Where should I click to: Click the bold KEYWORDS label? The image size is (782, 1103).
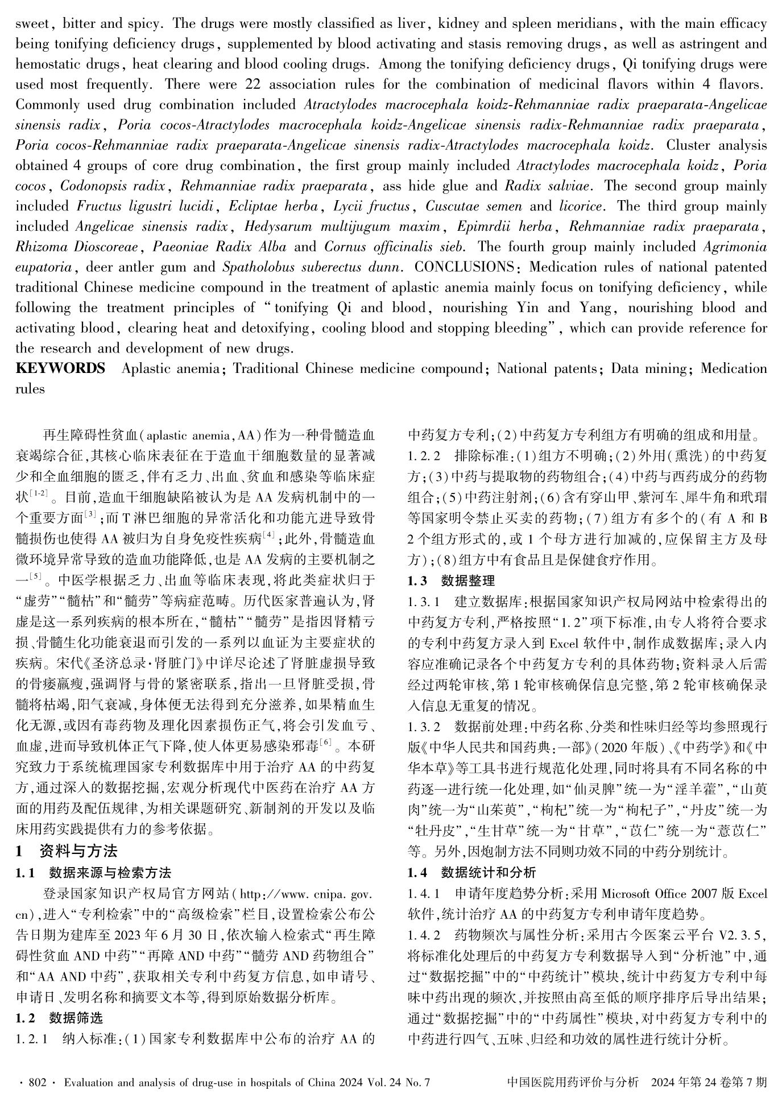(60, 368)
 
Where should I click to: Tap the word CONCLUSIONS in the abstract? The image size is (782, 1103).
(462, 267)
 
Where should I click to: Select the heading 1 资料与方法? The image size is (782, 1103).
(67, 851)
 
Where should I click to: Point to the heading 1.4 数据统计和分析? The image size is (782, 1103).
(471, 872)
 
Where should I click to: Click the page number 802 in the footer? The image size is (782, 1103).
(37, 1083)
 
